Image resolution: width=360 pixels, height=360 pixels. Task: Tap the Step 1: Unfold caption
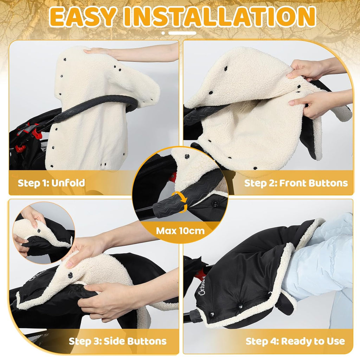(x=51, y=183)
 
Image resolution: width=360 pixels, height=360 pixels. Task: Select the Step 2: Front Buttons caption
(x=296, y=183)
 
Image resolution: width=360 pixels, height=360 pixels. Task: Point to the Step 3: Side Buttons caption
(x=117, y=341)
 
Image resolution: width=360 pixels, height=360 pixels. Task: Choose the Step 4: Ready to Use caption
(x=295, y=341)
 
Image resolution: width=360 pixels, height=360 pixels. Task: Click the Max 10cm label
(x=180, y=231)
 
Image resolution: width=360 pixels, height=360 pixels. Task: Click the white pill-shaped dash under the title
(x=182, y=33)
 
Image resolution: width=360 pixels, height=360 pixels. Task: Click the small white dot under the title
(x=163, y=33)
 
